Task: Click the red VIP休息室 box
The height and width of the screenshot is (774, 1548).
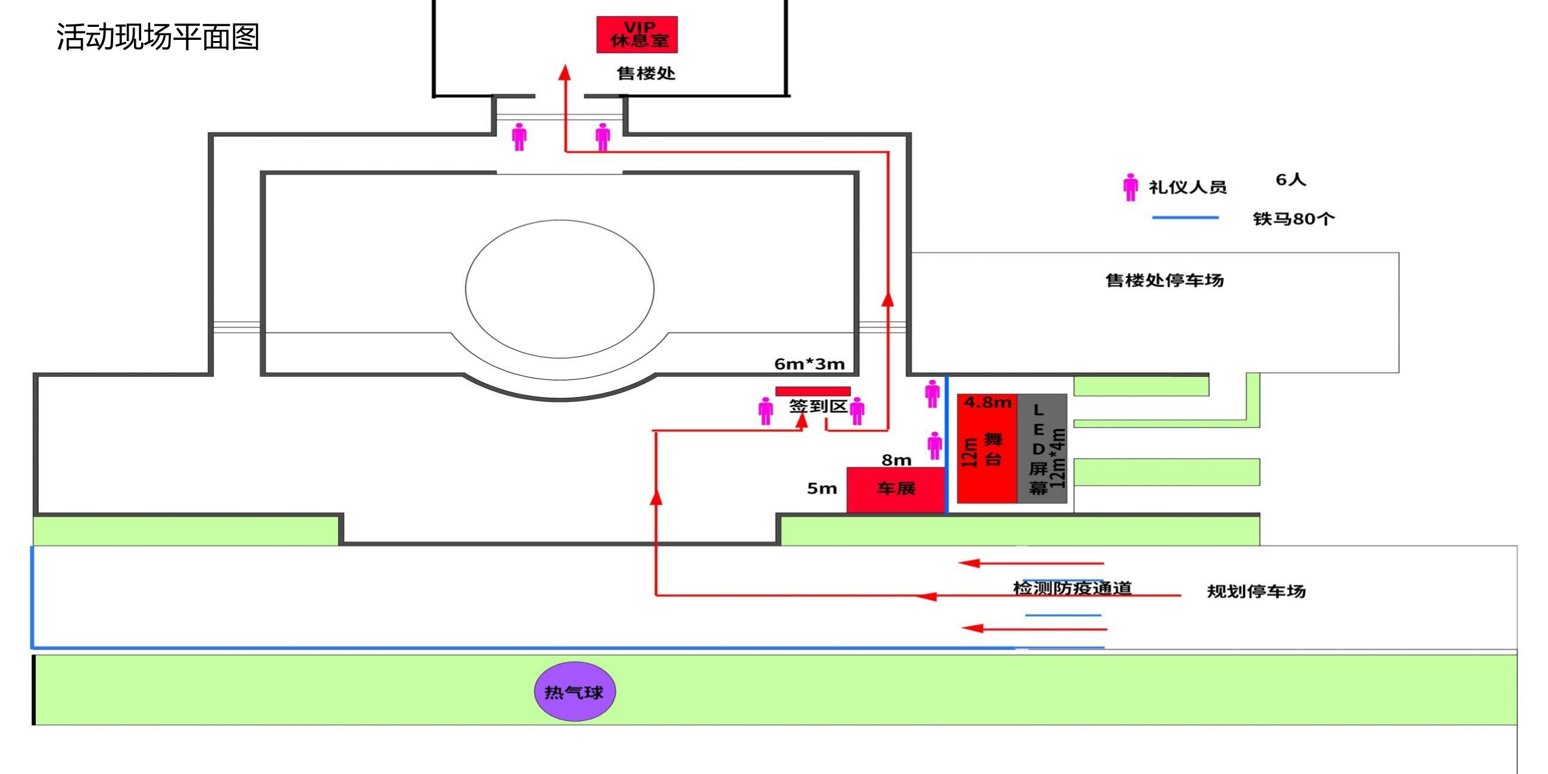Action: (x=637, y=35)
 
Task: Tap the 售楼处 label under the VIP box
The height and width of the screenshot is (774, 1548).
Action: (x=646, y=73)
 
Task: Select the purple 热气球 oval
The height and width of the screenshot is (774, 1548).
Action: (x=575, y=692)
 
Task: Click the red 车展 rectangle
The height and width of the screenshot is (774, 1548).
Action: (x=895, y=491)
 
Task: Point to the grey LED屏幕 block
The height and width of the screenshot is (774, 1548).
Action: (x=1042, y=448)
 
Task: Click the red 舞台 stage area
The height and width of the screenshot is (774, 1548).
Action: (x=987, y=448)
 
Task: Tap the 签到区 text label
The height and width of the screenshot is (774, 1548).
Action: (x=818, y=406)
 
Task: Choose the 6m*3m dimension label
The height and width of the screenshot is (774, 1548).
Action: (x=809, y=364)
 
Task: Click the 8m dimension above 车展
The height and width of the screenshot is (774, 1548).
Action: (x=896, y=460)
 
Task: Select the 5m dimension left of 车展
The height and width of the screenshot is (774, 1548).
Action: (x=822, y=488)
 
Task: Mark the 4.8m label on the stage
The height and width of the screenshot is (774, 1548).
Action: (x=988, y=402)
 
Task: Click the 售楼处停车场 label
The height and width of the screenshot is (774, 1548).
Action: (x=1164, y=280)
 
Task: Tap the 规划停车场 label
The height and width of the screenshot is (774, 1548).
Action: (x=1257, y=591)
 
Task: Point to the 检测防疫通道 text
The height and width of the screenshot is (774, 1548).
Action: (x=1073, y=588)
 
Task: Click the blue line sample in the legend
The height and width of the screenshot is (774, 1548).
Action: (x=1185, y=217)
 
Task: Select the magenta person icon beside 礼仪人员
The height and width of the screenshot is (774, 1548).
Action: (x=1130, y=187)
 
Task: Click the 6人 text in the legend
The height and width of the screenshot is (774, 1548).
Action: (x=1291, y=179)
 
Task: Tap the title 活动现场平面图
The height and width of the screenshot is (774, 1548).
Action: (x=158, y=37)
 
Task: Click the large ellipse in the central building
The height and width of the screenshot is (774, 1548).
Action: (x=560, y=289)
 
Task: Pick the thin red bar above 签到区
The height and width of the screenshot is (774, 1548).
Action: (x=813, y=391)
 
